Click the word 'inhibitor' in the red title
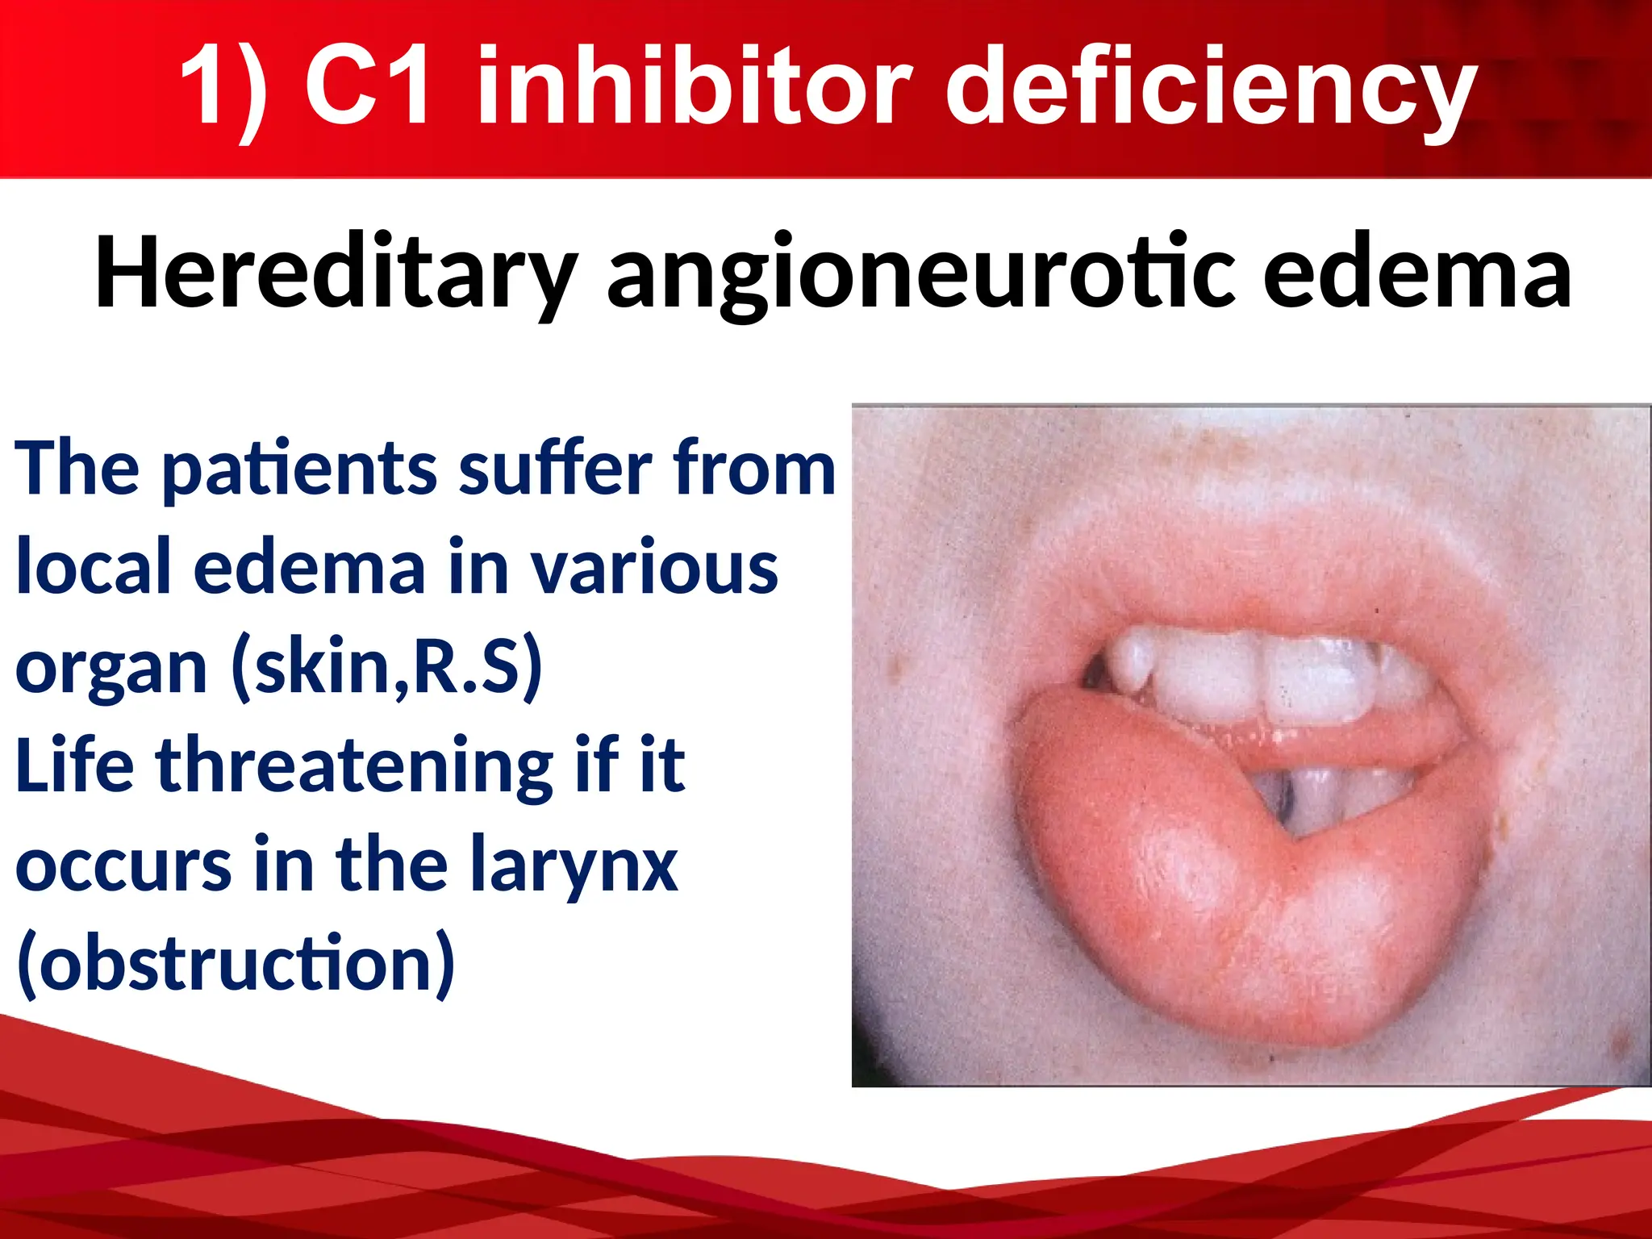pos(694,85)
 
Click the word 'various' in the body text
pos(654,568)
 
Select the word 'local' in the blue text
pos(94,568)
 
